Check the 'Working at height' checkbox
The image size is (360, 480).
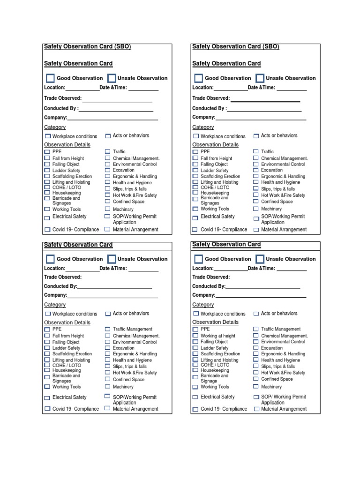coord(195,336)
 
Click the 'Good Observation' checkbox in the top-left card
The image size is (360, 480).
coord(50,78)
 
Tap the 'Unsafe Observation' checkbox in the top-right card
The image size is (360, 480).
coord(260,78)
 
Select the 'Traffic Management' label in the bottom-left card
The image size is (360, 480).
coord(133,329)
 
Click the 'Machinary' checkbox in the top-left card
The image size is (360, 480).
coord(108,209)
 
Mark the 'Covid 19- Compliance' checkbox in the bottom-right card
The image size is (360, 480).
coord(195,409)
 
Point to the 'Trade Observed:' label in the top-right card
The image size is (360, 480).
coord(211,98)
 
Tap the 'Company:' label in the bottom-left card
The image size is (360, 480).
coord(55,295)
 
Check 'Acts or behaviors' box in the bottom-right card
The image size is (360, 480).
coord(256,314)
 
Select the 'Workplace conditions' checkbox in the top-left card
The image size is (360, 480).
coord(47,136)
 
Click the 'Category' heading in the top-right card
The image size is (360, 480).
coord(203,127)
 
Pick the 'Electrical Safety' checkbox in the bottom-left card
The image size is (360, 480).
coord(47,397)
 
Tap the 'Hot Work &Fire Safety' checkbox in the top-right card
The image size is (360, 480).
coord(256,195)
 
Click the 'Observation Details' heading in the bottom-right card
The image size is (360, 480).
coord(215,322)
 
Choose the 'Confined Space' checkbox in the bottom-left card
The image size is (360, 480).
coord(108,379)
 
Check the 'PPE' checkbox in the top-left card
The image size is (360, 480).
coord(47,152)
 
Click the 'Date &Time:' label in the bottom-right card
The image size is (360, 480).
coord(261,268)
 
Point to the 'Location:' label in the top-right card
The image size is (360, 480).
coord(203,88)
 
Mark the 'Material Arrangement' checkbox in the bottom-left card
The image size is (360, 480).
coord(108,408)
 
